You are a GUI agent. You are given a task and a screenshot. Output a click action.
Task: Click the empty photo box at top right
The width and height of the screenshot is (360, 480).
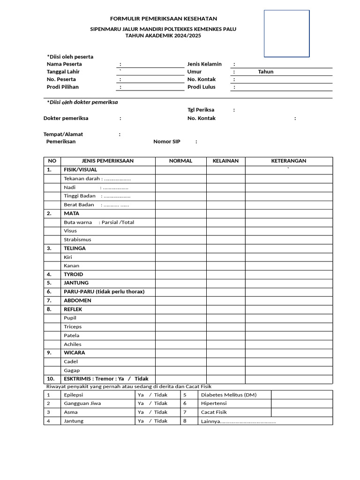[286, 34]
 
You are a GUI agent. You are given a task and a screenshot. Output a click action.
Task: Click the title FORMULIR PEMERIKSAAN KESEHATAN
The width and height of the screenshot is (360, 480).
[163, 19]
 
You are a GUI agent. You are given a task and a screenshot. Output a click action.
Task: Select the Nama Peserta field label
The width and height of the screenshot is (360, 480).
[64, 64]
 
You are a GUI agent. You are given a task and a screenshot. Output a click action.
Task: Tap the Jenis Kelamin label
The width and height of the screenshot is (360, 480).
[204, 64]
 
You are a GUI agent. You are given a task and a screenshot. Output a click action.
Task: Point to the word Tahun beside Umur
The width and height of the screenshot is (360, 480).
[265, 72]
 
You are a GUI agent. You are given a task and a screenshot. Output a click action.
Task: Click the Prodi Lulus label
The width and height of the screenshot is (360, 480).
[201, 87]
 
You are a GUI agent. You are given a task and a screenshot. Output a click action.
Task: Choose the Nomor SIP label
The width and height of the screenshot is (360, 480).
[167, 142]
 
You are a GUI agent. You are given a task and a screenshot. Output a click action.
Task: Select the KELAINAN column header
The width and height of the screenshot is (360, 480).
[225, 161]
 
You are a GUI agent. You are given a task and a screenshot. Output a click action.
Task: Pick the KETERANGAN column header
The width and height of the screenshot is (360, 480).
[289, 161]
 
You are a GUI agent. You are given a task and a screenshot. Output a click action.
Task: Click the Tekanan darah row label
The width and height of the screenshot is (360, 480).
[97, 179]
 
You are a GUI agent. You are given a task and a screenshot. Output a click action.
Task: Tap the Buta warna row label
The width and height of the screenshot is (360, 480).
[98, 222]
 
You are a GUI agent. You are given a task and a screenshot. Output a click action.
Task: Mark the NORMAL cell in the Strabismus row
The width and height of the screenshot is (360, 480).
[180, 240]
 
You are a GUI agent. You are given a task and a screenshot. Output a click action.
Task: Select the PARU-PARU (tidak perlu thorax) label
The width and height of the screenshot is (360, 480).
[104, 292]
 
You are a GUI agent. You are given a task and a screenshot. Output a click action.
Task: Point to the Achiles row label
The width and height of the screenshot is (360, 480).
[73, 344]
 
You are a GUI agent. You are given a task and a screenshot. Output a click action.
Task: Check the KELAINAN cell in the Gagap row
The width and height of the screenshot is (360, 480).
[225, 370]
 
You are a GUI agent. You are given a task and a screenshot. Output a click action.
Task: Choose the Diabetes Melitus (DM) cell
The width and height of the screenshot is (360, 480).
[228, 395]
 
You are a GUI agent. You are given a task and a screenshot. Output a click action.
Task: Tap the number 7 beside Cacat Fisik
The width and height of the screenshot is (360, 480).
[185, 412]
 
